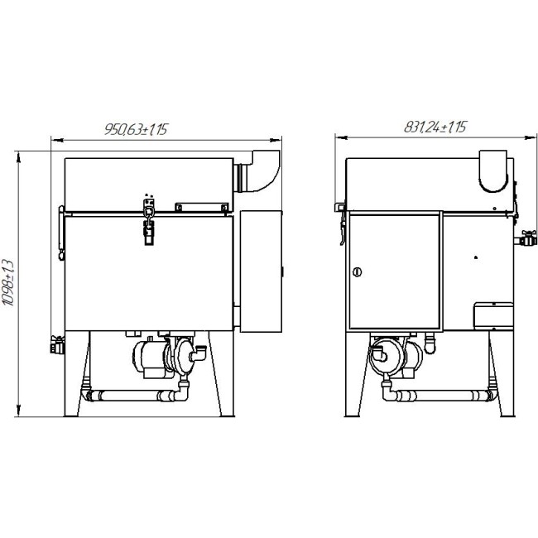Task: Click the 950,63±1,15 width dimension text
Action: tap(136, 129)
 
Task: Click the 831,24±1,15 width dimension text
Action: tap(435, 127)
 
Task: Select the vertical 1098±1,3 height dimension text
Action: tap(8, 283)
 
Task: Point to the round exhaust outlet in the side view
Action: tap(493, 171)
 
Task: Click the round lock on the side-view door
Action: tap(358, 272)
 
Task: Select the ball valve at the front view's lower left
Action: tap(57, 345)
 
